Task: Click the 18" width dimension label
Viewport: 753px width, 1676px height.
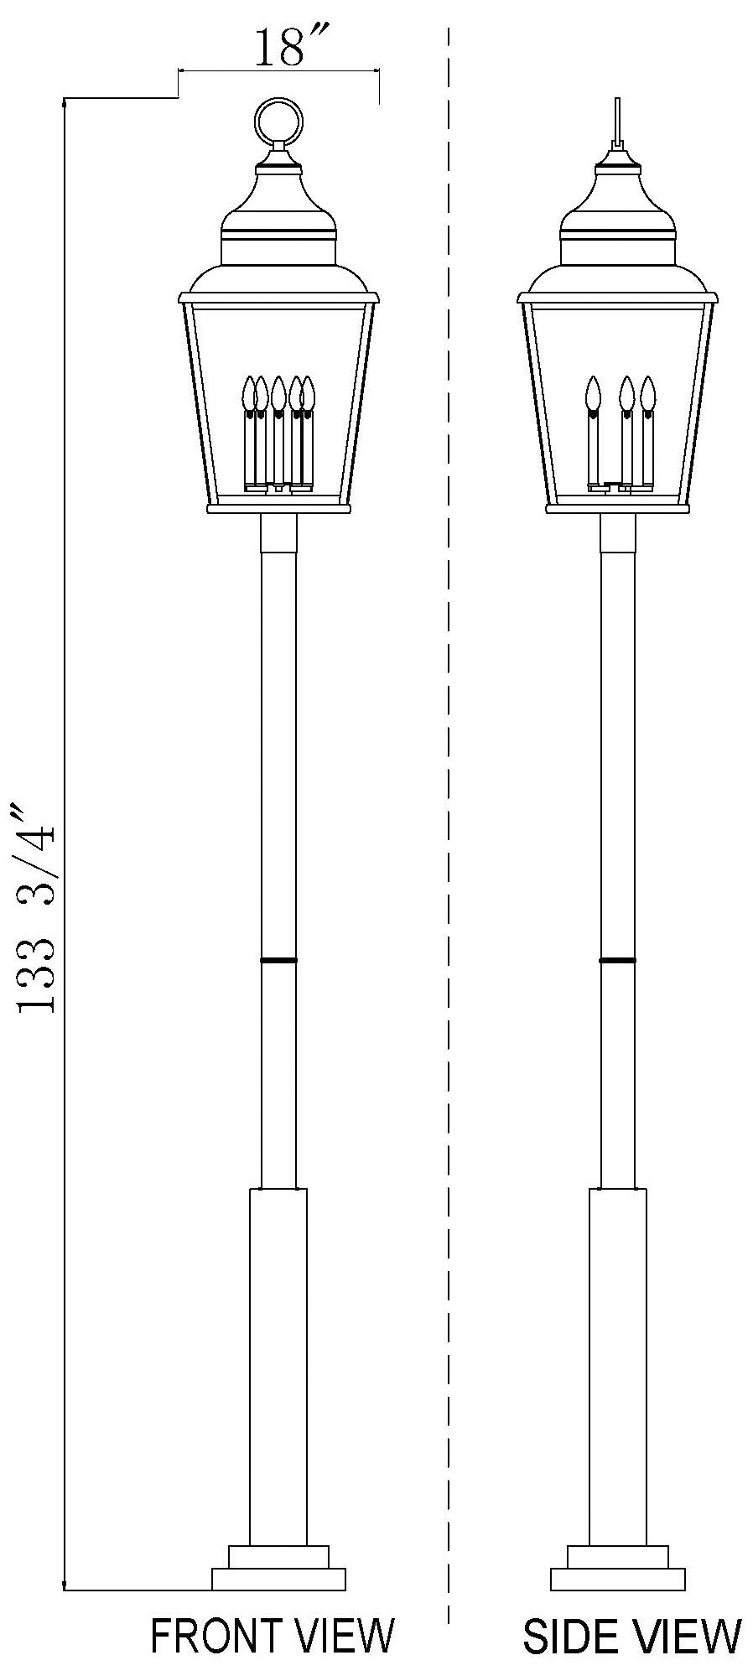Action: [x=278, y=49]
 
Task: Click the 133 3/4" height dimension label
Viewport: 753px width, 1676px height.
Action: [x=38, y=909]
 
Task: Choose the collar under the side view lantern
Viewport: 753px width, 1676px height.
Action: [x=618, y=533]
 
